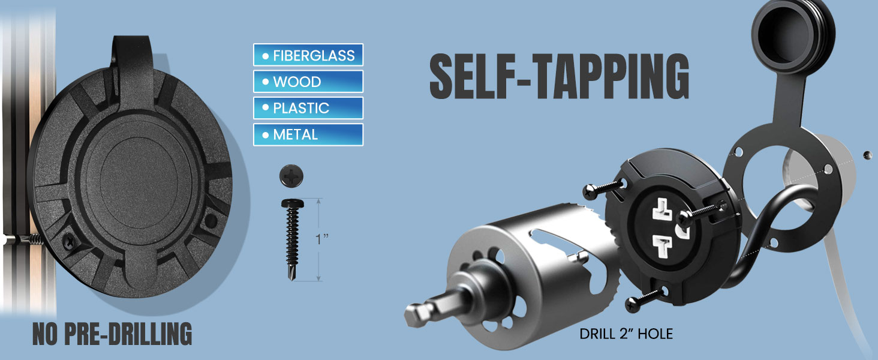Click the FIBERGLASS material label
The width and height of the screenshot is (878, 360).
(x=308, y=55)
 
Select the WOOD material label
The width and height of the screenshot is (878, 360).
(x=308, y=82)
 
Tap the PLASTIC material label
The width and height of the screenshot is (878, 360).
(x=308, y=108)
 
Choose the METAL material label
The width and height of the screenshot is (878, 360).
(x=308, y=134)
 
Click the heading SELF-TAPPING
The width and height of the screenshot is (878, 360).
(x=560, y=76)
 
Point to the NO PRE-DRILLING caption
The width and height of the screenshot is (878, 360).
(x=112, y=334)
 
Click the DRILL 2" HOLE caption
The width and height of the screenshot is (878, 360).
(x=626, y=334)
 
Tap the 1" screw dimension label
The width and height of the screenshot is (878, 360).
(x=322, y=238)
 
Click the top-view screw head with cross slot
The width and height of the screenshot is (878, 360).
(x=291, y=176)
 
